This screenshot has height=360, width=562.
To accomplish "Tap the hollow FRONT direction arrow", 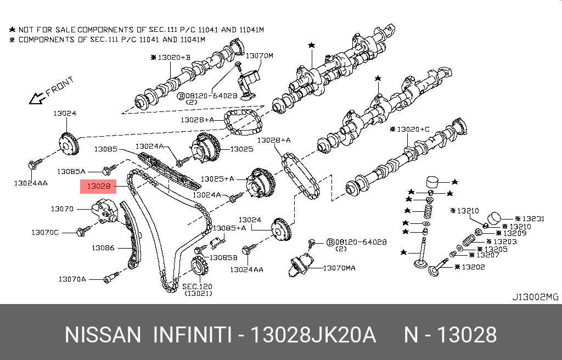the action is coord(37,98).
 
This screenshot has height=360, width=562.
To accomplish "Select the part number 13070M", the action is coord(258,55).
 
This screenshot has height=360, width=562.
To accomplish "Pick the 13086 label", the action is coord(103,248).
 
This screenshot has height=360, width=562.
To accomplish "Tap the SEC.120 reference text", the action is coord(196,286).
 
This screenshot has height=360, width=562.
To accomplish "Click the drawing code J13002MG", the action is coord(535,297).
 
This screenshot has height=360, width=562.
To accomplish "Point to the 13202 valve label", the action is coord(473,267).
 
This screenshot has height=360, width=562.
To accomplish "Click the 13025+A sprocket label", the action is coord(217,179).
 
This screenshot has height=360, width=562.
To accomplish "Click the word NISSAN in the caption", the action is coord(103,334).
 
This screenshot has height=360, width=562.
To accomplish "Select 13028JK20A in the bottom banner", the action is coord(313,334).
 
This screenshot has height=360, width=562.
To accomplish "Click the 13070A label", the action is coord(72,279).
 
